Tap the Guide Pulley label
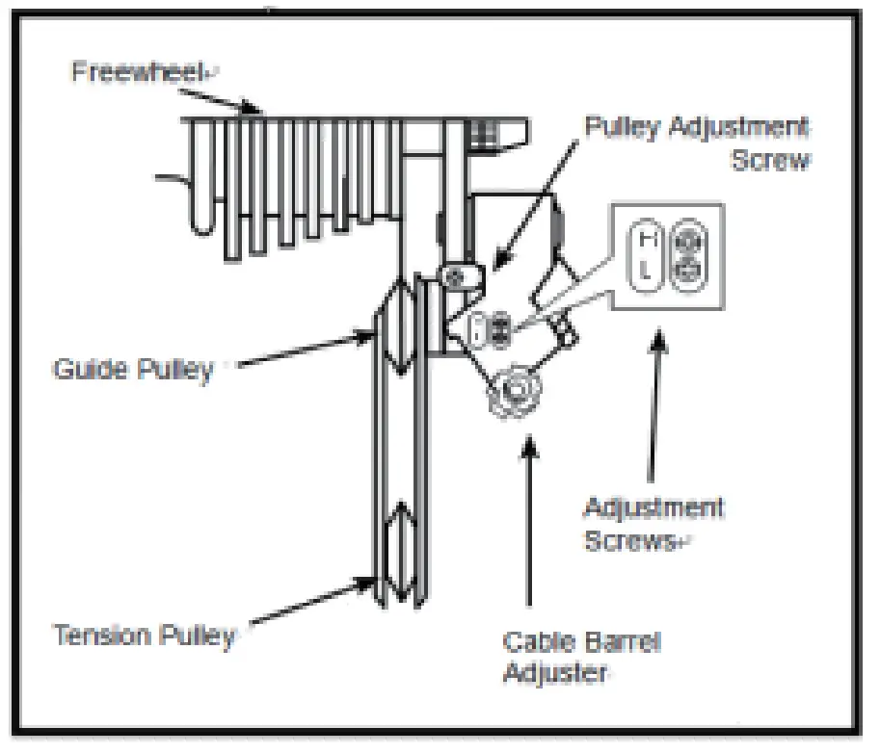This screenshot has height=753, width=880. [132, 370]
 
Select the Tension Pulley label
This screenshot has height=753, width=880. [144, 636]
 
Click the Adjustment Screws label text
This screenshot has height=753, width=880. [653, 523]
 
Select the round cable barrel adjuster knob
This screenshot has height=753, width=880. [517, 390]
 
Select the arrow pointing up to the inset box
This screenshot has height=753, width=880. [656, 404]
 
